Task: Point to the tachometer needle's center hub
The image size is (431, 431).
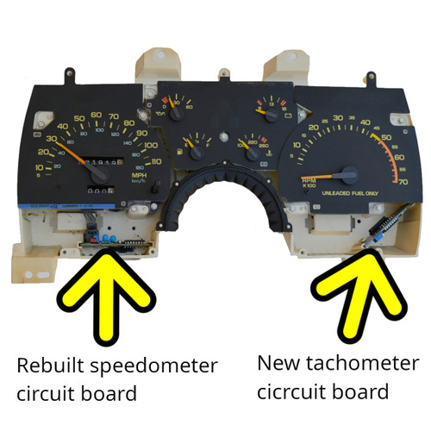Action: (x=349, y=173)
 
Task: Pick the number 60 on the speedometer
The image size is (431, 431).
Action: (x=97, y=114)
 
